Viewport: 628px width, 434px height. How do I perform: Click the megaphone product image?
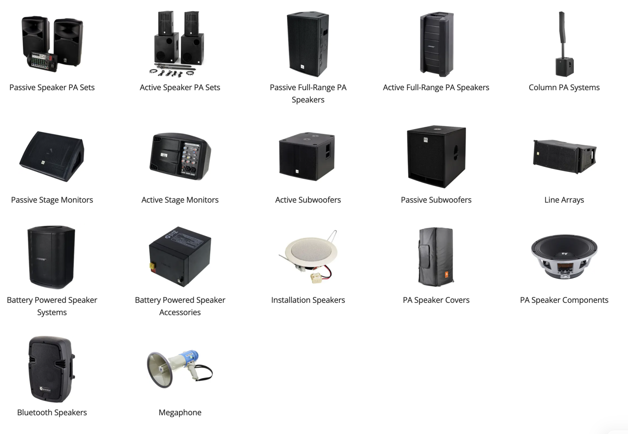tap(179, 368)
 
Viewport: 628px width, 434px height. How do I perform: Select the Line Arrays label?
tap(564, 200)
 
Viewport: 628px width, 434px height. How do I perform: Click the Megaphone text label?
tap(180, 413)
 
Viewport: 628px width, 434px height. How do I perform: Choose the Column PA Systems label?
tap(564, 87)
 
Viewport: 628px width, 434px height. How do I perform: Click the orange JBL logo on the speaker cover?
tap(446, 274)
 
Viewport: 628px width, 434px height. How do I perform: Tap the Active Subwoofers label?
tap(308, 200)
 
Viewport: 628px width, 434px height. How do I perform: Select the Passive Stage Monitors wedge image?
tap(52, 156)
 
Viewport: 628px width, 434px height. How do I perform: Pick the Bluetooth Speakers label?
tap(52, 413)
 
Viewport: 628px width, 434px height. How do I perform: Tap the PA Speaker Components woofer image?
tap(564, 256)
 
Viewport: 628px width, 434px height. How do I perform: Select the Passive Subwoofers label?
tap(436, 200)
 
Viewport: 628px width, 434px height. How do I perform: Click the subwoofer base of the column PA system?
tap(565, 67)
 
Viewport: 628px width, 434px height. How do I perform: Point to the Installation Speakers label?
tap(308, 300)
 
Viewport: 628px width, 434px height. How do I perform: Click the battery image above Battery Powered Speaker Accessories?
tap(180, 256)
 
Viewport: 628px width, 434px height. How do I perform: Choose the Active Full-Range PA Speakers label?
tap(436, 87)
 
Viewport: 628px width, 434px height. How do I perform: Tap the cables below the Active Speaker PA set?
tap(172, 72)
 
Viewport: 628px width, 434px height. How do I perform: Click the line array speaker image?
tap(565, 156)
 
